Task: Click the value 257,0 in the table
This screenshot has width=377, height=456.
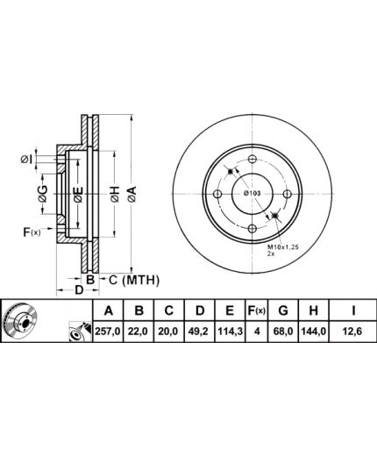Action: (108, 331)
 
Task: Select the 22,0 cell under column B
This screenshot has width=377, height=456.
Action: (139, 331)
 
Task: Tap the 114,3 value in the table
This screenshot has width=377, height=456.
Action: (230, 331)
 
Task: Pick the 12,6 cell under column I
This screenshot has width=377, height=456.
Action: (353, 331)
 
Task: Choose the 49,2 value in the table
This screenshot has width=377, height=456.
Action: (200, 331)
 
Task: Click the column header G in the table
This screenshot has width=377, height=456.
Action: (283, 310)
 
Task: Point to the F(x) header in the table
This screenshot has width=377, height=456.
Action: (256, 310)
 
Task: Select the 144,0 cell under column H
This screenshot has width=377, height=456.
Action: (314, 331)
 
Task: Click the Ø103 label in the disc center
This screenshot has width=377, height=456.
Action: (252, 193)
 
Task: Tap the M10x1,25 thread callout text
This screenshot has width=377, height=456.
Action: (282, 247)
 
